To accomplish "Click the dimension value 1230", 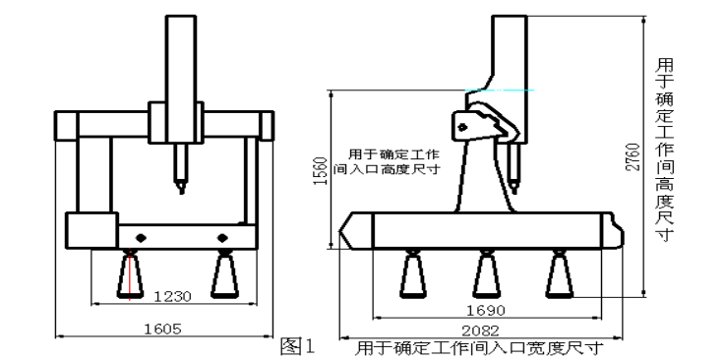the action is tap(172, 296).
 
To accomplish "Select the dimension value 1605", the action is tap(162, 329).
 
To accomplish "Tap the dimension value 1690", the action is tap(486, 310).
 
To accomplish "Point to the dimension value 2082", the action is tap(481, 330).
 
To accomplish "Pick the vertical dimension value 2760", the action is tap(633, 157).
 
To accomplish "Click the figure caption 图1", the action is tap(297, 346).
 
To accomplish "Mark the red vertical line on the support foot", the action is tap(130, 276).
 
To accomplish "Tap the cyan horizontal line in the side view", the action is tap(500, 90).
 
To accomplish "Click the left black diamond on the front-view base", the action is tap(141, 238).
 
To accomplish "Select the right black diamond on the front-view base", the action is tap(222, 238).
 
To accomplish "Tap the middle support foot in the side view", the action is tap(486, 274).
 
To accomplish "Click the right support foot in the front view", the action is tap(224, 274).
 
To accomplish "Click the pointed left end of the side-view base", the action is tap(339, 230).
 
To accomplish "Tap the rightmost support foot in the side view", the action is tap(560, 274).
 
